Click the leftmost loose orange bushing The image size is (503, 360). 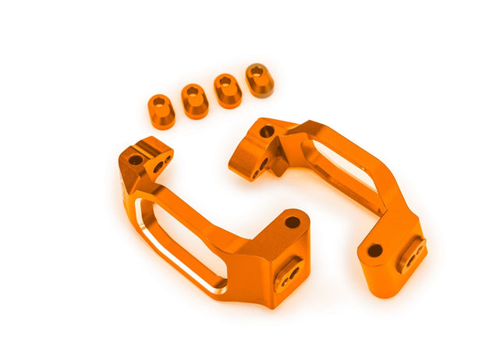pyautogui.click(x=161, y=111)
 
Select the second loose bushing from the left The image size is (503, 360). pyautogui.click(x=194, y=101)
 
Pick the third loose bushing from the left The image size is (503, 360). pyautogui.click(x=227, y=90)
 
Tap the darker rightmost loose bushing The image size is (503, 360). pyautogui.click(x=259, y=80)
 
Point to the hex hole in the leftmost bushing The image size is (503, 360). pyautogui.click(x=160, y=102)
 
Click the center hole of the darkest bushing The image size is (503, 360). pyautogui.click(x=256, y=71)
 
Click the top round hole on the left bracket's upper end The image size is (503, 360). pyautogui.click(x=135, y=159)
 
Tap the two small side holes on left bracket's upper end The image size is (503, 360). pyautogui.click(x=159, y=165)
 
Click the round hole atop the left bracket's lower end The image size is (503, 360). pyautogui.click(x=292, y=222)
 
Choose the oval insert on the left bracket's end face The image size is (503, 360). pyautogui.click(x=289, y=272)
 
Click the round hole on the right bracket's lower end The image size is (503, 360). pyautogui.click(x=374, y=250)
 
